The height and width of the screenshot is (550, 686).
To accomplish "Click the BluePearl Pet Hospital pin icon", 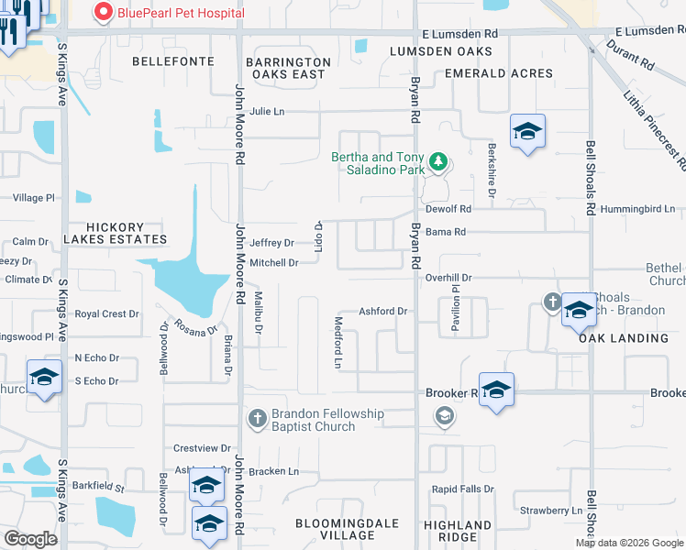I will tap(103, 13).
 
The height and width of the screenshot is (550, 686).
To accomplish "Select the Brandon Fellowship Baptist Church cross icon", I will tap(257, 420).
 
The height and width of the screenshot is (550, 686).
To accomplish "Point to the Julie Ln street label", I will tap(267, 112).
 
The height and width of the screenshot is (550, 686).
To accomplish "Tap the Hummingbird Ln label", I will tap(636, 209).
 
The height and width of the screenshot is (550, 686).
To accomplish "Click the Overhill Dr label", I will tap(448, 277).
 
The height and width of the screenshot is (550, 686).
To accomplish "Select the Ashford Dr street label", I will tap(382, 312).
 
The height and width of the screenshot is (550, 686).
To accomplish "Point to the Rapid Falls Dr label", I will tap(463, 489).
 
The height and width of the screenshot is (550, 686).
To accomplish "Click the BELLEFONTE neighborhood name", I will tap(173, 61).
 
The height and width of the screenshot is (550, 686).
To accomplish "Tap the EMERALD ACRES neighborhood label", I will tap(499, 73).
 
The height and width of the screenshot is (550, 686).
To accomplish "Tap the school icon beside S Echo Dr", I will tap(44, 377).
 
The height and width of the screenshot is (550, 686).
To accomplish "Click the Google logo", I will tap(30, 539).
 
